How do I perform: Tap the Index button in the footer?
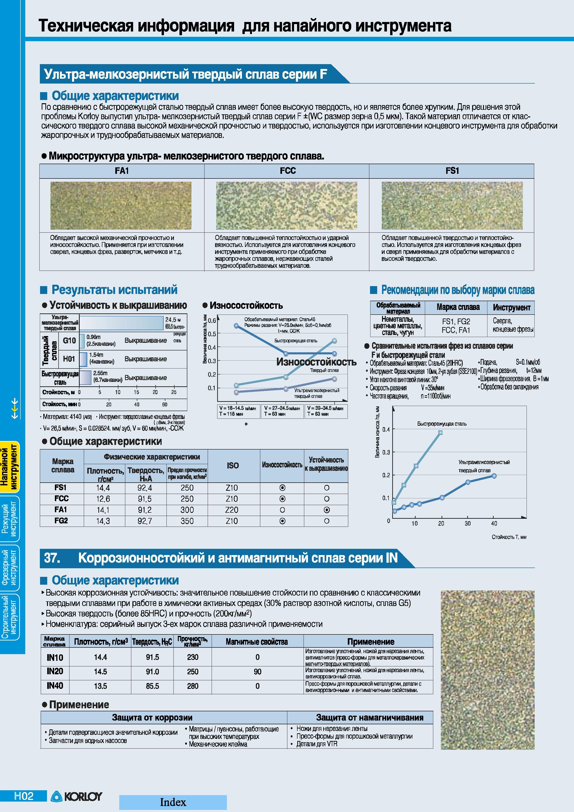click(x=173, y=802)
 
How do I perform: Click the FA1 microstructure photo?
click(x=121, y=206)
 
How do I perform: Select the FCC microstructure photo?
click(x=286, y=206)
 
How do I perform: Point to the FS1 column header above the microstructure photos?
click(x=452, y=171)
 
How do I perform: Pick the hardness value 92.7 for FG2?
click(x=145, y=521)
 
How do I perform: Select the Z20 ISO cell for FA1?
click(x=232, y=510)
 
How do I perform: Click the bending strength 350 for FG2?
click(x=187, y=521)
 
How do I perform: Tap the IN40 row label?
click(x=55, y=686)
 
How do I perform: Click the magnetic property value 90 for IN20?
click(x=257, y=671)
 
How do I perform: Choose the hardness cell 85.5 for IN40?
click(x=152, y=686)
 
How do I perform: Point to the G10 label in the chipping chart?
click(x=69, y=340)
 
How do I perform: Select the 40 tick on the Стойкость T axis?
click(x=494, y=523)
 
